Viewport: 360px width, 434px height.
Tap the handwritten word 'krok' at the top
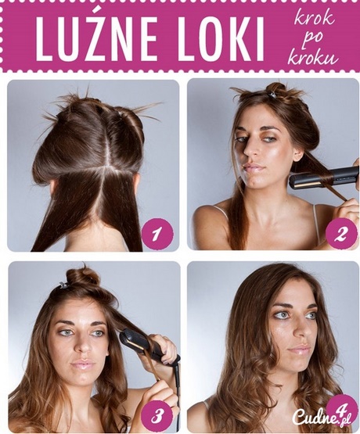coord(315,19)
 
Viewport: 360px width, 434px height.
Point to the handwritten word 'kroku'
coord(313,57)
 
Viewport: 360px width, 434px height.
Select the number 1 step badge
coord(157,235)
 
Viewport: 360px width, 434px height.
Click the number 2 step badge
coord(341,235)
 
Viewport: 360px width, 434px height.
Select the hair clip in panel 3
coord(63,285)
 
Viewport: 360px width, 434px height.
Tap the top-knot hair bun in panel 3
coord(82,278)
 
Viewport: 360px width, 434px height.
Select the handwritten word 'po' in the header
coord(308,39)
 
